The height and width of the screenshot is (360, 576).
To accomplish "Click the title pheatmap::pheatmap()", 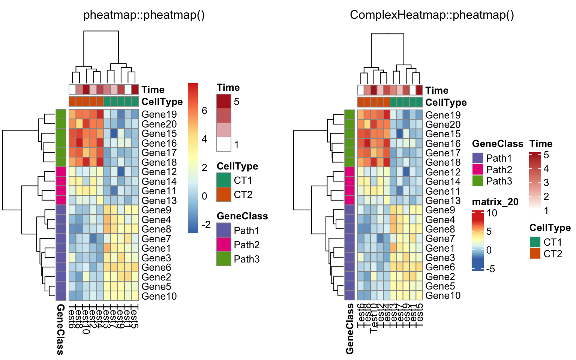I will coord(144,15).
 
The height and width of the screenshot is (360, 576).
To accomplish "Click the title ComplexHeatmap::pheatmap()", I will coord(432,15).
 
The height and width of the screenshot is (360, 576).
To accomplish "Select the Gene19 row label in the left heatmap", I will coord(159,114).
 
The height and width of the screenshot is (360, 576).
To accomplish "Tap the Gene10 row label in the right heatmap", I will coord(443,296).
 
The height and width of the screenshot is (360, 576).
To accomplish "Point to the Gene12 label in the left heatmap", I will coord(159,172).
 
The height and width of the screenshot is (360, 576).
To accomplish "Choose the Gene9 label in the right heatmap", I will coord(440,210).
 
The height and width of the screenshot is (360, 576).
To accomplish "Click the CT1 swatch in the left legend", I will coord(224,180).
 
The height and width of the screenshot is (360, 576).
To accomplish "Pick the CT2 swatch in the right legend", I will coord(535,253).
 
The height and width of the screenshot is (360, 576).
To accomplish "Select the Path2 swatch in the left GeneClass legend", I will coord(224,244).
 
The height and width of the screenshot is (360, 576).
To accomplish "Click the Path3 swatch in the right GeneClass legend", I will coord(478,181).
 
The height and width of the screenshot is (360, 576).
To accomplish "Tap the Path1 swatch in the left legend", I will coord(224,230).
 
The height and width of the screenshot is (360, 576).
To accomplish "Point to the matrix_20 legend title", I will coord(495,202).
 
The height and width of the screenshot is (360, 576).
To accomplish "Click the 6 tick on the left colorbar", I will coord(204,110).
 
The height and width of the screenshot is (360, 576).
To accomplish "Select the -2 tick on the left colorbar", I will coord(206,225).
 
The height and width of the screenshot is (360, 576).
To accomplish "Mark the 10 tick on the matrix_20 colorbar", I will coord(492,213).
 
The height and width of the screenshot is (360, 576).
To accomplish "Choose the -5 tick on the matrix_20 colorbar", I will coord(490,268).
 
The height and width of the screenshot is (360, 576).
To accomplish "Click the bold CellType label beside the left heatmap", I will coord(162,102).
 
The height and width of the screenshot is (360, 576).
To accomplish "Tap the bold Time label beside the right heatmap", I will coord(437,90).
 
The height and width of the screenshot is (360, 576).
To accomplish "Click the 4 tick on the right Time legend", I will coord(546,169).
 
